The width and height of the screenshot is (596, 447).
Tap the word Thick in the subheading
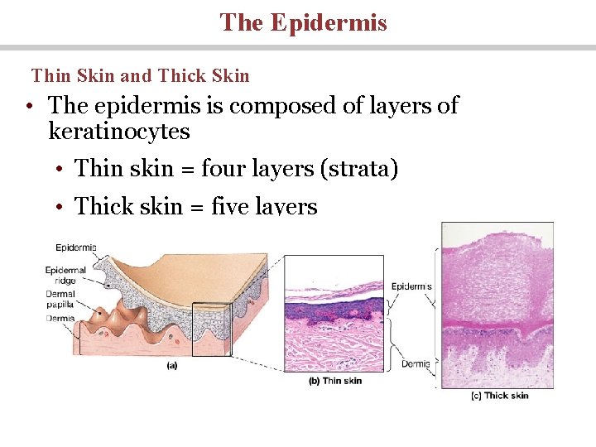181,76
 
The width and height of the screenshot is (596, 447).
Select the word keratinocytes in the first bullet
119,132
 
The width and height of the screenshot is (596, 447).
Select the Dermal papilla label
60,298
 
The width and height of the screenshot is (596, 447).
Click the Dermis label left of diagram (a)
60,317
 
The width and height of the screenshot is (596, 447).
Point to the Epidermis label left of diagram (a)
75,247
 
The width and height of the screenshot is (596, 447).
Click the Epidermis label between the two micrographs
411,286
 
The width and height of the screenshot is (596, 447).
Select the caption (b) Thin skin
335,381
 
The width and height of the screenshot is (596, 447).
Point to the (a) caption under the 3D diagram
171,364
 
